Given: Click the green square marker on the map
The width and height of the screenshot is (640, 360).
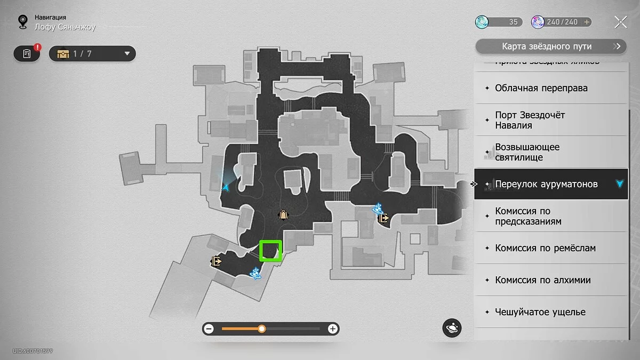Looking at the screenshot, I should (270, 251).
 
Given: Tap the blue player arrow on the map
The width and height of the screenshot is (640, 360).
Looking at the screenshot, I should (227, 187).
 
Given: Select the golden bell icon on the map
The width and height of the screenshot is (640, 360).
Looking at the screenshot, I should (283, 214).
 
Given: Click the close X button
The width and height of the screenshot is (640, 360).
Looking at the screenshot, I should (620, 22).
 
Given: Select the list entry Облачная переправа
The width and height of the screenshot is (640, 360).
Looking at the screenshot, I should (541, 88).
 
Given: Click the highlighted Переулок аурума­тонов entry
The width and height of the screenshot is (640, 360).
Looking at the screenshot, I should (546, 184).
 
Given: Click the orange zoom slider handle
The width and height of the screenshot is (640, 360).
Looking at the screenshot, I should (262, 329).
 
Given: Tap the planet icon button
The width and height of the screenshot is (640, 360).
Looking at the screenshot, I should (452, 328).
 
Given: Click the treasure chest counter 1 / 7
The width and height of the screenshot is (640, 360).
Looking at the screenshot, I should (92, 53).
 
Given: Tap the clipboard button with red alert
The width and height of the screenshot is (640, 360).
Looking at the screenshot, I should (27, 53).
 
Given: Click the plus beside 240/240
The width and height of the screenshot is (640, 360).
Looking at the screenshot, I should (587, 22).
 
